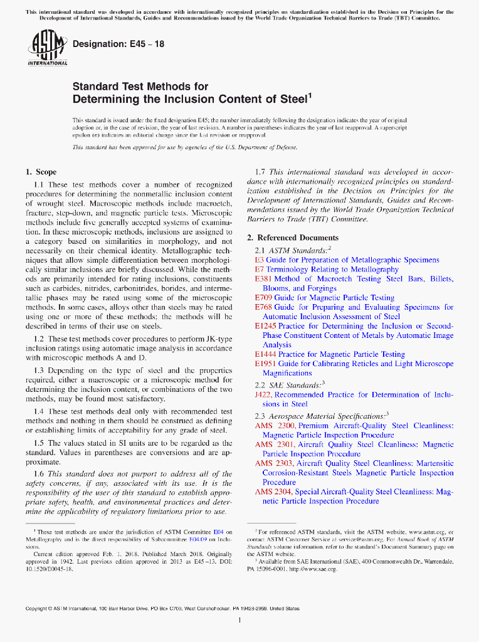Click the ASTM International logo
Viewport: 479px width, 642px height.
pyautogui.click(x=47, y=49)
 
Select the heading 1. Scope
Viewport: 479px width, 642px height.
pyautogui.click(x=41, y=172)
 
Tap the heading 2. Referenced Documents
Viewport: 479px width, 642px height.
pyautogui.click(x=293, y=238)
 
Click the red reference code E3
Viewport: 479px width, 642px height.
pyautogui.click(x=259, y=260)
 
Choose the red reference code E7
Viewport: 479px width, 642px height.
pyautogui.click(x=259, y=270)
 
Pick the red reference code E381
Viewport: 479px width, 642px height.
pyautogui.click(x=263, y=279)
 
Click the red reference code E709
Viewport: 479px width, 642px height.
pyautogui.click(x=263, y=298)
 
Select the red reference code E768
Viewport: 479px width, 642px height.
pyautogui.click(x=263, y=307)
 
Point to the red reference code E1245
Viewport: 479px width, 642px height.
pyautogui.click(x=265, y=326)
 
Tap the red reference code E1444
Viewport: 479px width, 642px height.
pyautogui.click(x=265, y=354)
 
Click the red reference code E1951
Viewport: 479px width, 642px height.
pyautogui.click(x=265, y=364)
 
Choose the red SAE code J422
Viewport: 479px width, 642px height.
pyautogui.click(x=263, y=395)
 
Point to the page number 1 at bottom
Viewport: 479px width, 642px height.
pyautogui.click(x=239, y=621)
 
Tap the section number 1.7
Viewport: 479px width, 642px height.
pyautogui.click(x=260, y=172)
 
